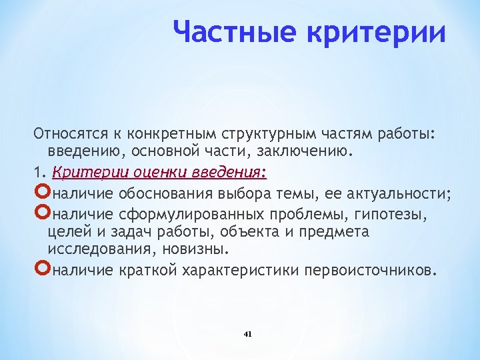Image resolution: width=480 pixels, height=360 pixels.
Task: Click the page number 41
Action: point(248,333)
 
